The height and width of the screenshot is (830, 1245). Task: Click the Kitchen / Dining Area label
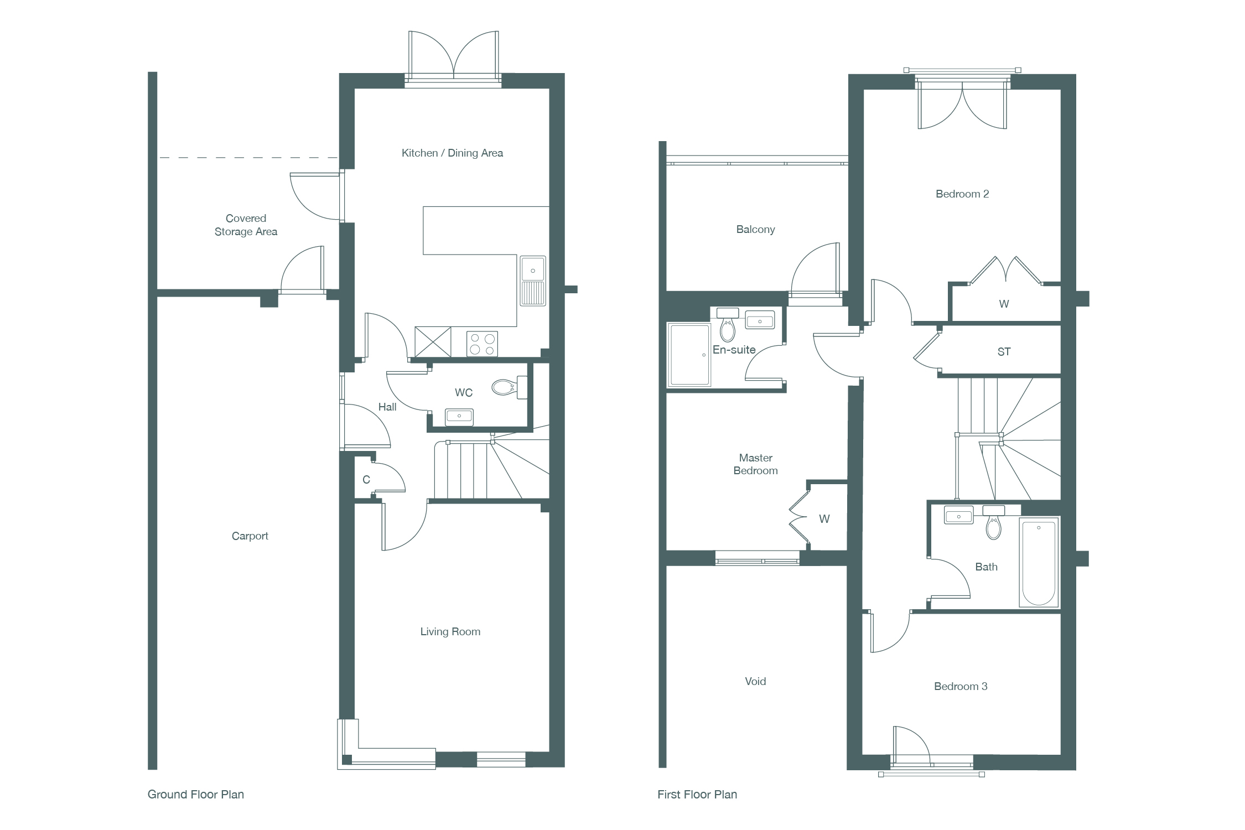[x=452, y=153]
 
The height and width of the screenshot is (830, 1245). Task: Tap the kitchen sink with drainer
[x=533, y=281]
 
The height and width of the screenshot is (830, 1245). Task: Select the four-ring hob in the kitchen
[x=482, y=344]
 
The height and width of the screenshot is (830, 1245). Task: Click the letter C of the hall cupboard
[x=366, y=480]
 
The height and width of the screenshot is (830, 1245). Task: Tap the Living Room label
[x=450, y=632]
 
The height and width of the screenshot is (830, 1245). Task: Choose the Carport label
[x=250, y=536]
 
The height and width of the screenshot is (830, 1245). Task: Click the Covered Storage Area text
[x=246, y=225]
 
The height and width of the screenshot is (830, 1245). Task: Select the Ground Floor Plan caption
[x=196, y=795]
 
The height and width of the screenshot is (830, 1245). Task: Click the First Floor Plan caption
[x=697, y=795]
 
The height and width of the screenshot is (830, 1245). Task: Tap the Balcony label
[x=755, y=230]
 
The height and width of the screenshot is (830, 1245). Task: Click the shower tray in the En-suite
[x=689, y=355]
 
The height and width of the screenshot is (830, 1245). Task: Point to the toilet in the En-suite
[x=728, y=325]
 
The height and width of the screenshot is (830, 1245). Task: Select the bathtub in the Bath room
[x=1039, y=562]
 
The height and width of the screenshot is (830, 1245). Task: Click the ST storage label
[x=1004, y=352]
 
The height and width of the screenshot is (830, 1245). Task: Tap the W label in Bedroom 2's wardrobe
[x=1004, y=304]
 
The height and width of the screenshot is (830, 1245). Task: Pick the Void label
[x=755, y=682]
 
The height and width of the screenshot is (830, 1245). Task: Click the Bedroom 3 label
[x=961, y=687]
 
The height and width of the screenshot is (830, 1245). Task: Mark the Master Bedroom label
[x=755, y=464]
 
